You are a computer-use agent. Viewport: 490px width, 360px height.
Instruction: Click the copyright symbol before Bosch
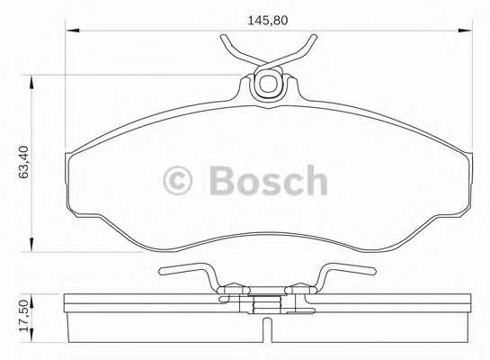click(177, 181)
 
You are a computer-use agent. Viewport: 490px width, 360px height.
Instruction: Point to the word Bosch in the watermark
click(268, 180)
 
